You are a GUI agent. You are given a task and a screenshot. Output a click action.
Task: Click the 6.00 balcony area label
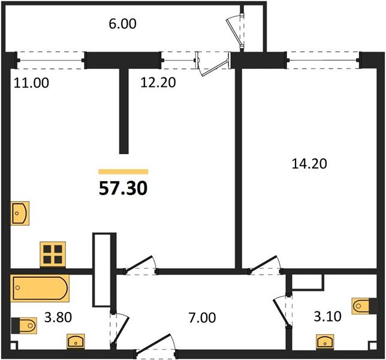pos(122,24)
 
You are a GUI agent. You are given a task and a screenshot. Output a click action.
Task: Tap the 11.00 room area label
pos(31,83)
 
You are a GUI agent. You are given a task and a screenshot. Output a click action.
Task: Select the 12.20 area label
pos(158,82)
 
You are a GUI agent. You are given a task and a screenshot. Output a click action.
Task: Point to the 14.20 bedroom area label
pos(309,164)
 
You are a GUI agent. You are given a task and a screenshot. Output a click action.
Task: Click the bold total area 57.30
pos(123,188)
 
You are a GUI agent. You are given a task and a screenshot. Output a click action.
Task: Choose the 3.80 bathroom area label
pos(58,317)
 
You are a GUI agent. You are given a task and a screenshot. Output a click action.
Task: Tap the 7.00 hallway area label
pos(202,317)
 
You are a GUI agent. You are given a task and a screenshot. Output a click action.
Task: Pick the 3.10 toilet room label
pos(328,316)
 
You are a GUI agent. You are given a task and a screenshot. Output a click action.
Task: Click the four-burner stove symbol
pos(53,254)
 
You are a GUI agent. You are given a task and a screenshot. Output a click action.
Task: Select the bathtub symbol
pos(40,288)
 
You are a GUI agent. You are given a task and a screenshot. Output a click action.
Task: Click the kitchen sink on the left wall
pos(20,214)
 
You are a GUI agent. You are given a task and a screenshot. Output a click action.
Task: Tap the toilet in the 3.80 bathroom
pos(24,326)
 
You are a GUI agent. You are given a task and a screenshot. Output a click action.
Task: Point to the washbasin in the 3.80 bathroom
pos(76,341)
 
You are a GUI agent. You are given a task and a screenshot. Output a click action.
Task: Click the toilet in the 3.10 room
pos(364,306)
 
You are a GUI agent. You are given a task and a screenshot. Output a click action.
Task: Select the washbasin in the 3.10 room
pos(325,342)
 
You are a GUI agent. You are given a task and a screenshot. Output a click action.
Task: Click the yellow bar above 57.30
pos(123,172)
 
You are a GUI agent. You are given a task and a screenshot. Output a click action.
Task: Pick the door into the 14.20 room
pos(265,265)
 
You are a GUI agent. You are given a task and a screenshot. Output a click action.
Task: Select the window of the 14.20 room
pos(322,60)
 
